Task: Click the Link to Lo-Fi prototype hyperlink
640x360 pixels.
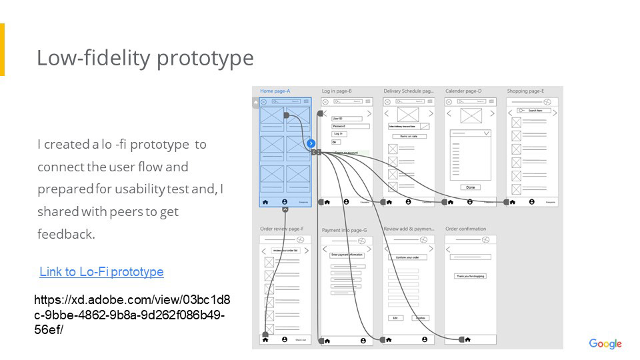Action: coord(101,272)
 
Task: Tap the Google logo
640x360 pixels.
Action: coord(605,344)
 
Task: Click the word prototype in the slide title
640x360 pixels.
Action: coord(205,59)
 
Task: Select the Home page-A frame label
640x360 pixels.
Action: coord(275,91)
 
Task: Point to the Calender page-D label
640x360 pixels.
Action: coord(463,91)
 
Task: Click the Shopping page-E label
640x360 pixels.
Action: coord(525,91)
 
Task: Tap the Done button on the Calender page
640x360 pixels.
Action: coord(471,187)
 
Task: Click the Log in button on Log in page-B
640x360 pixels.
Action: coord(339,134)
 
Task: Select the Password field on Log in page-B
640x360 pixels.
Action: coord(350,126)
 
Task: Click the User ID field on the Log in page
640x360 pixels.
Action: coord(350,119)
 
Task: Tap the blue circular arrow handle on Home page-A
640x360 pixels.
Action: coord(311,143)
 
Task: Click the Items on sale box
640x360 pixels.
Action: coord(409,136)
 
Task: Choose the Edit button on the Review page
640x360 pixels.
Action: coord(395,318)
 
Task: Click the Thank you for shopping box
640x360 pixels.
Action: coord(470,276)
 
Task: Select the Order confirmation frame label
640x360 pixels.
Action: coord(465,229)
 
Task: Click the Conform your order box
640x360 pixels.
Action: coord(407,257)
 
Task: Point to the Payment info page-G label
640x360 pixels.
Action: coord(344,230)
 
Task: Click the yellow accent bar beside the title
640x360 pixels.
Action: coord(2,50)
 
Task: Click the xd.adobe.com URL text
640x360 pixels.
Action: coord(132,315)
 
